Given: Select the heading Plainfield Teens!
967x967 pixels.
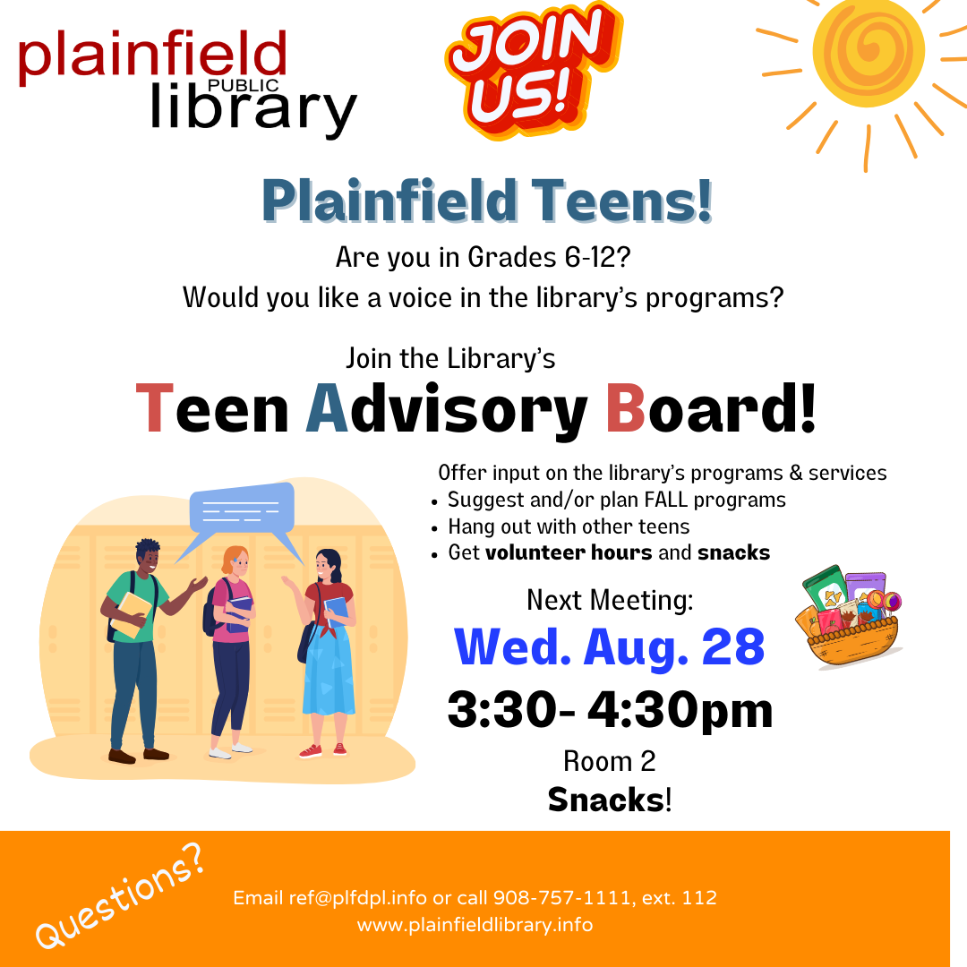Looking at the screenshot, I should pos(488,201).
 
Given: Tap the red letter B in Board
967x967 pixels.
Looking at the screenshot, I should pos(626,408).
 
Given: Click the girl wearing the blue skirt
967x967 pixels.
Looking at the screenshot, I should pos(328,654).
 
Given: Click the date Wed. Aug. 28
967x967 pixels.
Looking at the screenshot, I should pos(610,647).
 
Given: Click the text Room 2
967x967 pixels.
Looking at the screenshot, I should pos(609,761).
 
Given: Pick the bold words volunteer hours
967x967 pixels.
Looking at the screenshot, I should pos(569,552).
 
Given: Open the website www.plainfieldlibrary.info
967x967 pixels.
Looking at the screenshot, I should pos(475,925).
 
